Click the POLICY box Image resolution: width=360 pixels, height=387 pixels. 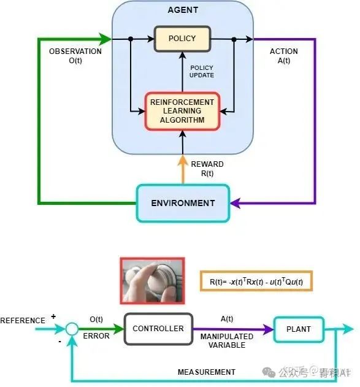[x=182, y=39]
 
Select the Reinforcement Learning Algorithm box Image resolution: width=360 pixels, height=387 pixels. [x=182, y=111]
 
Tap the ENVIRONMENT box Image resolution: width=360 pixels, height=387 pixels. [x=183, y=203]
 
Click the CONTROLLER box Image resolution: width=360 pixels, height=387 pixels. [x=158, y=329]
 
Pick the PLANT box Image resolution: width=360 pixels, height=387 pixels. [x=299, y=329]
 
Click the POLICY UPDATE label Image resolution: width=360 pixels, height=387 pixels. [x=202, y=71]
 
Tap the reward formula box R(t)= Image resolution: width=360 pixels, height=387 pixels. [x=256, y=282]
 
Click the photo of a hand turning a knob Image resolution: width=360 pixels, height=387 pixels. [x=152, y=280]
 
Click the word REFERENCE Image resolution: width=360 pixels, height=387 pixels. [x=23, y=321]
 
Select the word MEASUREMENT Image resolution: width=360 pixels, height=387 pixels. [x=207, y=372]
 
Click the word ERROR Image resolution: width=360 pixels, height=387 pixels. [x=96, y=336]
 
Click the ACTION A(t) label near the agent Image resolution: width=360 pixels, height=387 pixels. [x=284, y=56]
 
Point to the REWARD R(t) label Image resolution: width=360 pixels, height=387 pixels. [x=207, y=169]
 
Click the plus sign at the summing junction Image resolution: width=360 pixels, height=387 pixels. [x=53, y=317]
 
